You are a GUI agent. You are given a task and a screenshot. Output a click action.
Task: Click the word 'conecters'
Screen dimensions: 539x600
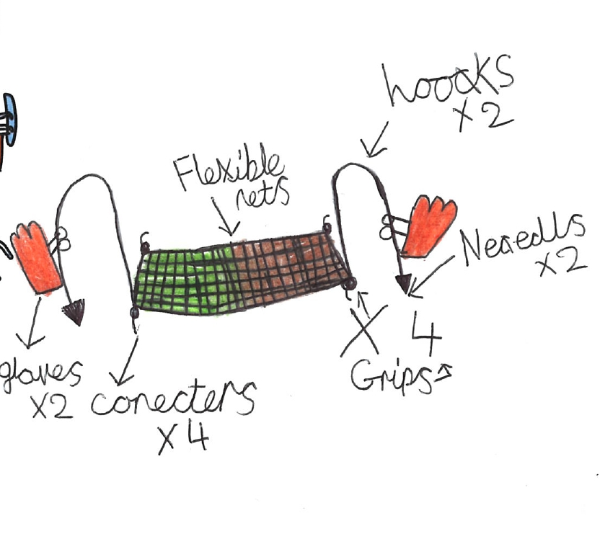(173, 401)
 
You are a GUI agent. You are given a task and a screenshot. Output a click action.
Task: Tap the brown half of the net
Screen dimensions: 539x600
(288, 267)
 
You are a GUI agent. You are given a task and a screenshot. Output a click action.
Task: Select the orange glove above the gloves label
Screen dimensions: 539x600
(37, 257)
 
